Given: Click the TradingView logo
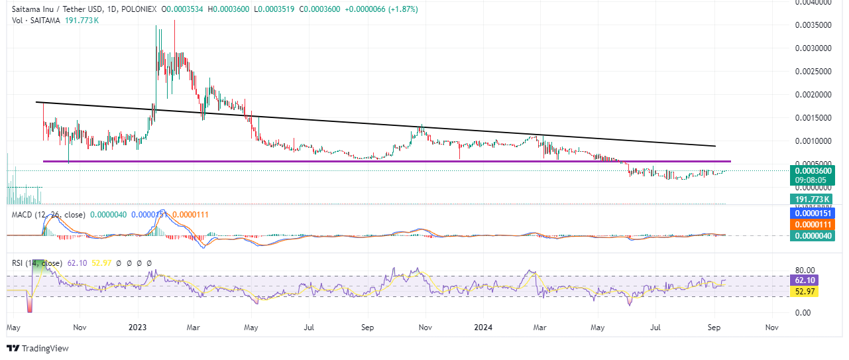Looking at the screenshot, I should pyautogui.click(x=38, y=348).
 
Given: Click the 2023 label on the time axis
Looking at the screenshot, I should pyautogui.click(x=138, y=328).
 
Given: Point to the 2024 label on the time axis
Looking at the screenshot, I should pyautogui.click(x=484, y=328).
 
